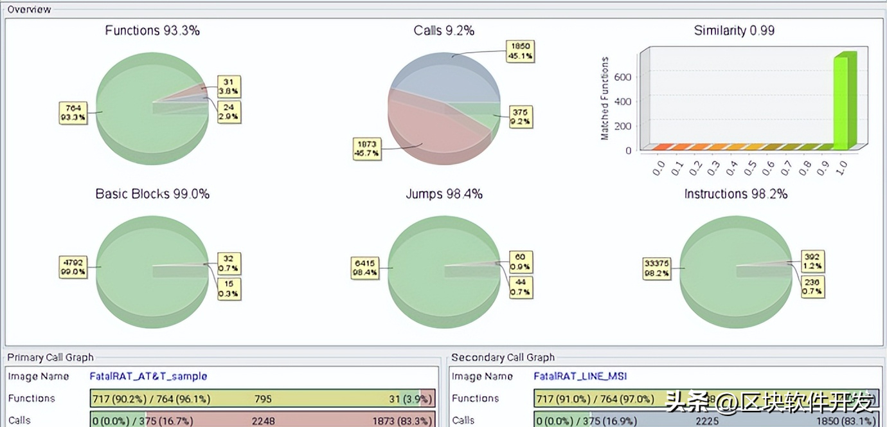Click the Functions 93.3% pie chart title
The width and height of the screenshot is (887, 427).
[152, 30]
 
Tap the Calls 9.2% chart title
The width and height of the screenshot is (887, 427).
[443, 30]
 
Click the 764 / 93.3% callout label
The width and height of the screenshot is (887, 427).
[72, 112]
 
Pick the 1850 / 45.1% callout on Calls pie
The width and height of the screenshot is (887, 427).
[519, 51]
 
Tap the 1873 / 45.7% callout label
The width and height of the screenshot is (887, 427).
[368, 149]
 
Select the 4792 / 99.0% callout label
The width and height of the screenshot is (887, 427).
[72, 267]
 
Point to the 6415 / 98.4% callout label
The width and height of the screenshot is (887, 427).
[364, 267]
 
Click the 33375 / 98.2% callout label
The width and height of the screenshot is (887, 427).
[656, 268]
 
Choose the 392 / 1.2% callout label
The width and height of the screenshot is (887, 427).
[812, 261]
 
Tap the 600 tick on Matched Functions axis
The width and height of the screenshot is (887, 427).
[623, 77]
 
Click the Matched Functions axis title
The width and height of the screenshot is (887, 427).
[605, 98]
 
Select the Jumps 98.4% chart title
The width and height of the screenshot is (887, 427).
[443, 194]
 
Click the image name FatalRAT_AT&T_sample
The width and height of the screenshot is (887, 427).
[148, 376]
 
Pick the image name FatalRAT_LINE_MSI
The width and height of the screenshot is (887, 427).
[580, 376]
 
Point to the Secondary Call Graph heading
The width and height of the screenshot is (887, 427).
[503, 358]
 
